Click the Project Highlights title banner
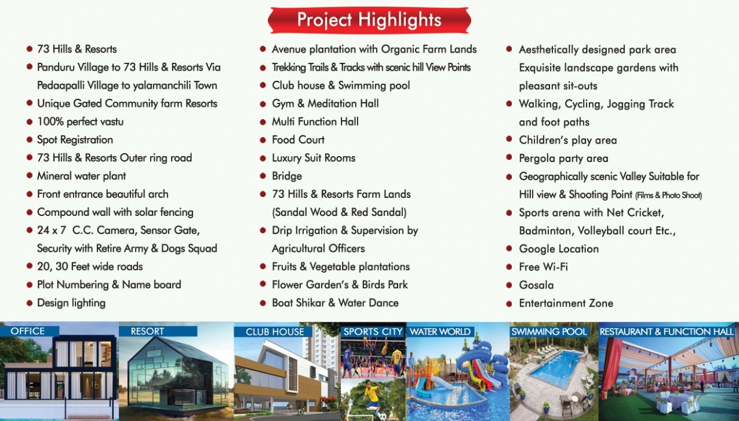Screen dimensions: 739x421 [369, 20]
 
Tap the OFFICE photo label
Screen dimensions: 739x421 [28, 331]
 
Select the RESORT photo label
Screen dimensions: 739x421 [147, 331]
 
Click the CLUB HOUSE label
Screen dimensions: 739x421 [274, 331]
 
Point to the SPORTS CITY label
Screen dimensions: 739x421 [373, 331]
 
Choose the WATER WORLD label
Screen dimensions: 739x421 [440, 331]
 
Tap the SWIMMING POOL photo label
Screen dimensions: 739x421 [549, 331]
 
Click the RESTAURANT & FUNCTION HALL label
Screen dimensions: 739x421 [667, 331]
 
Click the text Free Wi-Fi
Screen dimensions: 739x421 [543, 267]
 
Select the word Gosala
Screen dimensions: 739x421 [536, 285]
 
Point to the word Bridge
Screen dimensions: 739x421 [287, 176]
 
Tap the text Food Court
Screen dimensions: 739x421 [298, 139]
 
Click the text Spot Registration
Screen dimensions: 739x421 [75, 140]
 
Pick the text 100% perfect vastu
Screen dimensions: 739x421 [81, 122]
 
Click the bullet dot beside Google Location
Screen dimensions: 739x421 [509, 248]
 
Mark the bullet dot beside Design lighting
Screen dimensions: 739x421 [30, 303]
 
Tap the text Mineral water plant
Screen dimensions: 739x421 [81, 176]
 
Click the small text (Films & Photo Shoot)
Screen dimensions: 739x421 [668, 196]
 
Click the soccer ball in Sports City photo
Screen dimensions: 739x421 [383, 416]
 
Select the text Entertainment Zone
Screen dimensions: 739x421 [566, 303]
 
